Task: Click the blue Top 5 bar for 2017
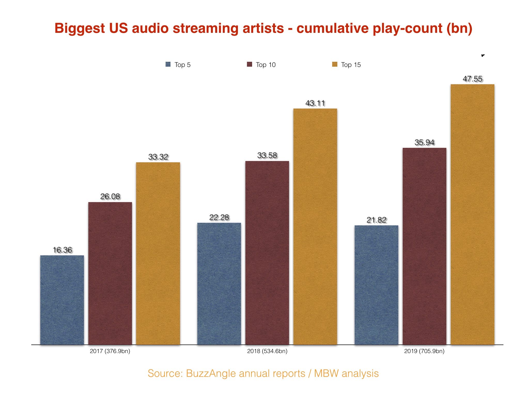click(x=62, y=300)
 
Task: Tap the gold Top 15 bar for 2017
click(x=158, y=253)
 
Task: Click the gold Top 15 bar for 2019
click(x=472, y=214)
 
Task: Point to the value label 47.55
click(x=472, y=79)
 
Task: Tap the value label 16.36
click(x=62, y=250)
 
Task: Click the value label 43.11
click(x=315, y=103)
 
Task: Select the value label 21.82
click(x=376, y=220)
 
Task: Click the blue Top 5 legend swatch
click(x=168, y=64)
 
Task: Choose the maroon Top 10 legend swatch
click(x=250, y=64)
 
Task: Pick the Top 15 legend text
click(x=351, y=65)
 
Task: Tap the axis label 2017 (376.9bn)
click(x=110, y=351)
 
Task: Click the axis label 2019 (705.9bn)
click(x=424, y=351)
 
